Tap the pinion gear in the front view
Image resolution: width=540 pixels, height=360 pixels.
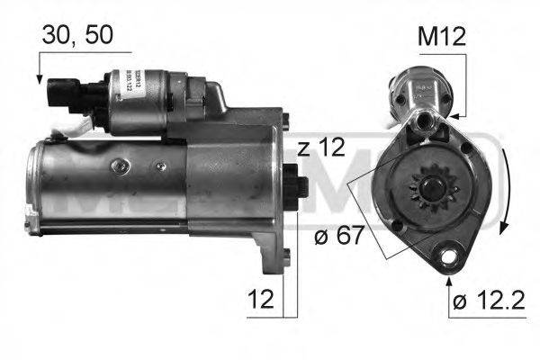click(422, 191)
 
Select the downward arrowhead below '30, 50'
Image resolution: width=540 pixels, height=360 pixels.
click(40, 79)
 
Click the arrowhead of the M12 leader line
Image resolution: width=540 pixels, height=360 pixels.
click(455, 115)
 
